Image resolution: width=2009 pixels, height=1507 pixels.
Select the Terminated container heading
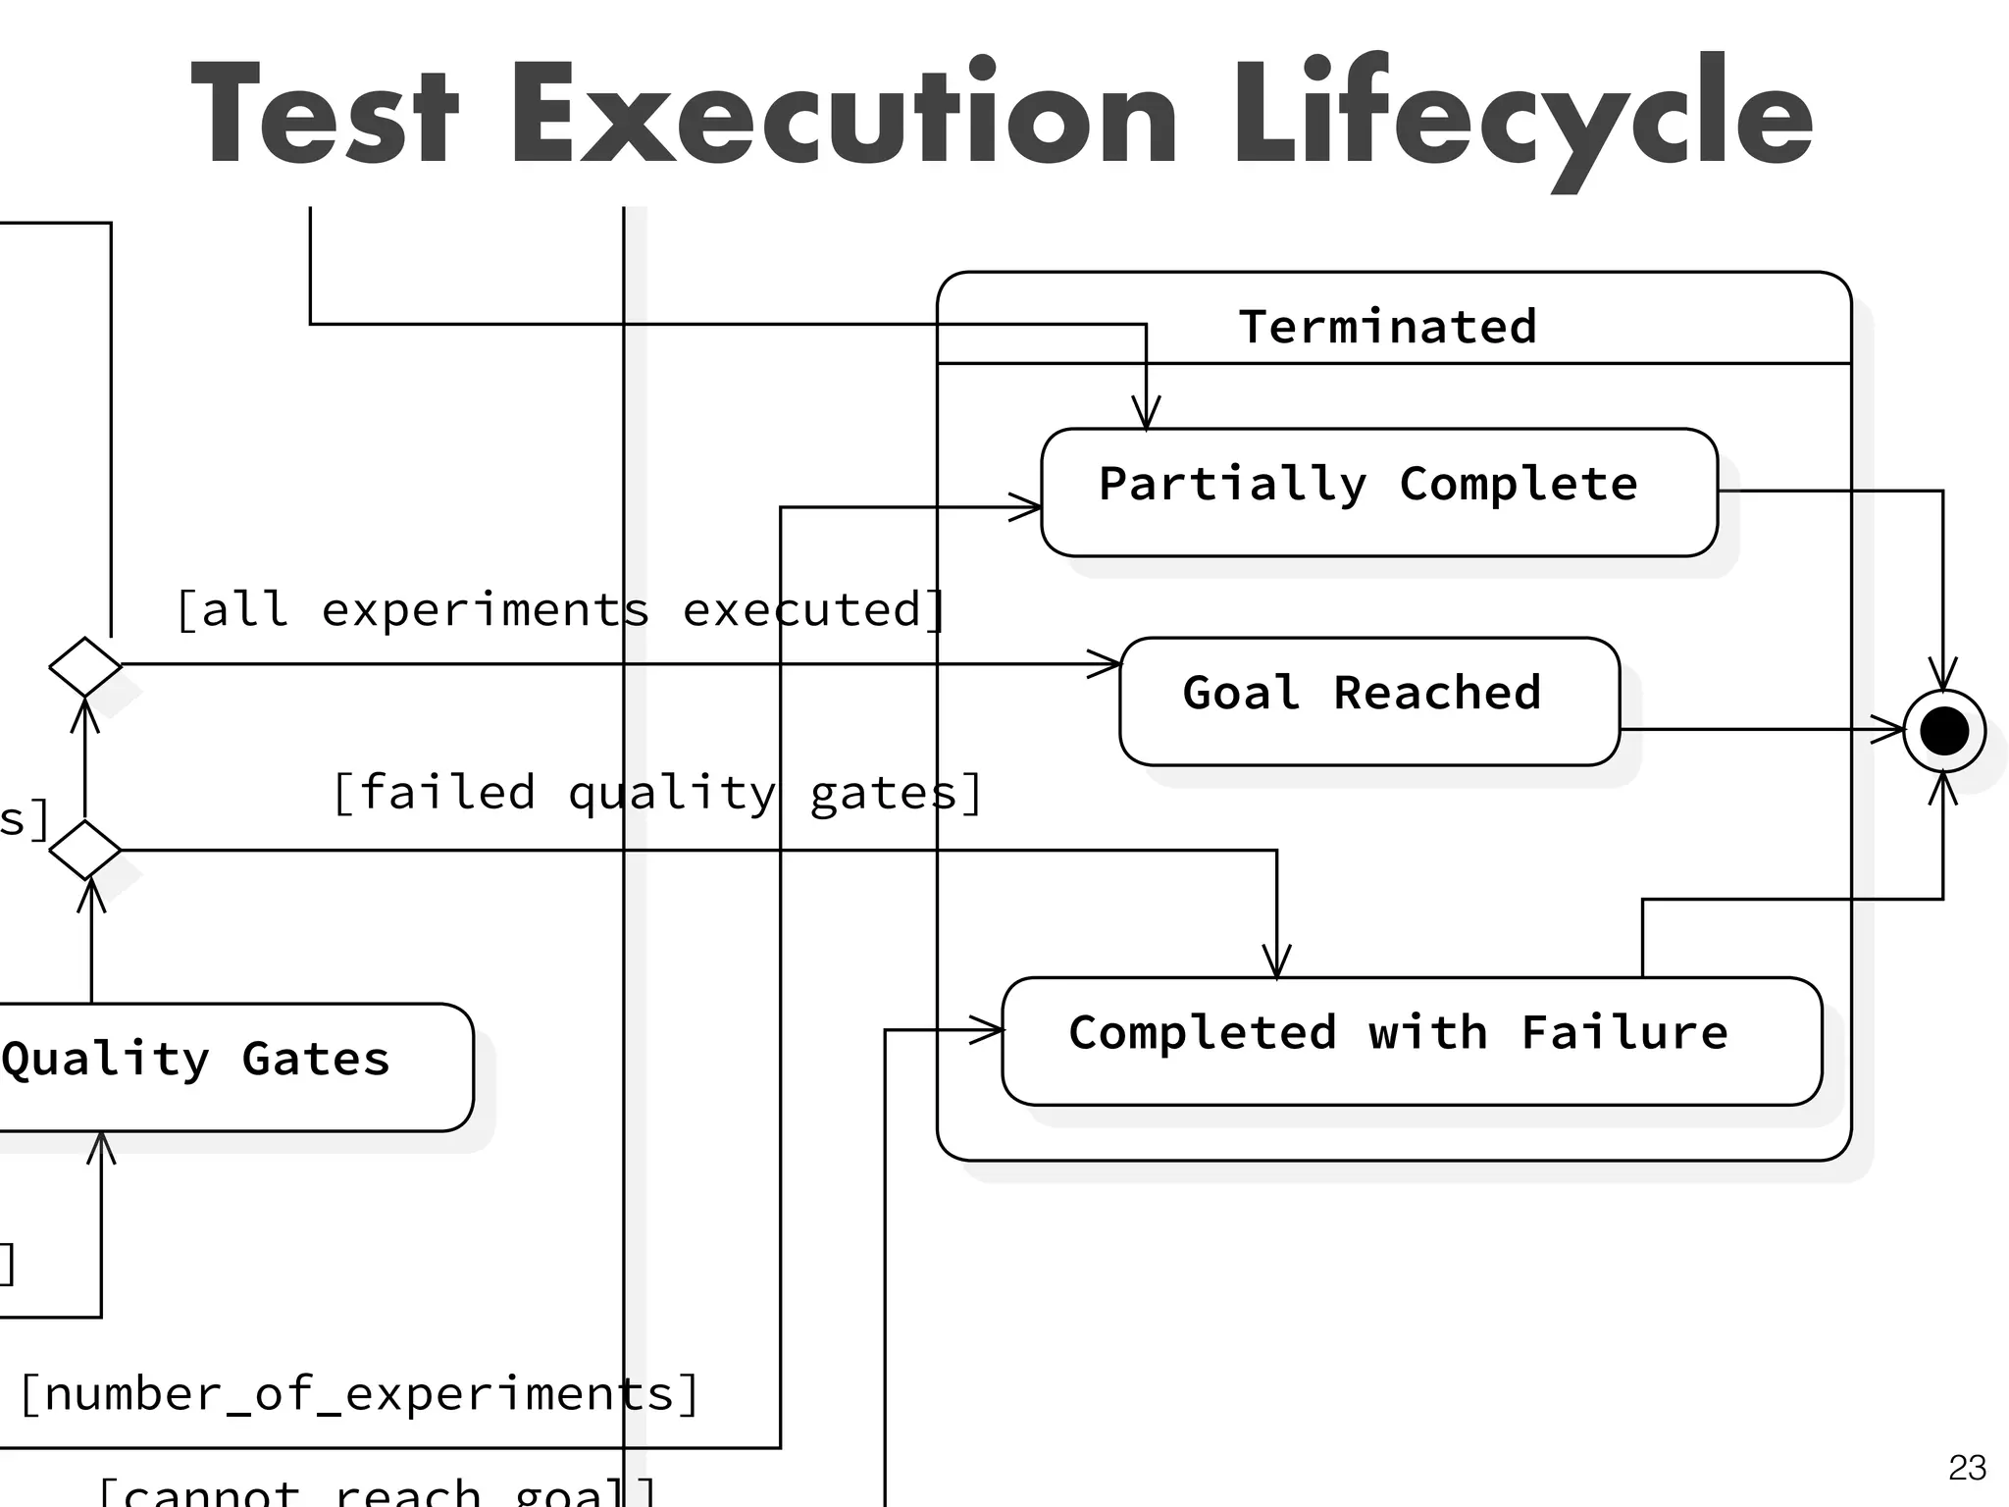coord(1387,327)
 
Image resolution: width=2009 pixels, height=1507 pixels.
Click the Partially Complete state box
coord(1378,492)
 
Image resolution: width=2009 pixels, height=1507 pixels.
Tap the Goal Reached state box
coord(1368,701)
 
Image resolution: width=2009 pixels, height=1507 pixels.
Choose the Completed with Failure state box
coord(1411,1040)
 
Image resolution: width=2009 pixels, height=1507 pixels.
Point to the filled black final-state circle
coord(1943,731)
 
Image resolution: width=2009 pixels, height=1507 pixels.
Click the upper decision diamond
coord(85,666)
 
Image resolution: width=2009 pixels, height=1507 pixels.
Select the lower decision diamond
coord(85,850)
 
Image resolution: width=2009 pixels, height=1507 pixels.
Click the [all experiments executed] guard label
coord(560,610)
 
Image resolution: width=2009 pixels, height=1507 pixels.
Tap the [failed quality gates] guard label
coord(657,793)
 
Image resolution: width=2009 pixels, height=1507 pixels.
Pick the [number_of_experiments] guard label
coord(359,1394)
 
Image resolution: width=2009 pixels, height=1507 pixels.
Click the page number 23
coord(1967,1468)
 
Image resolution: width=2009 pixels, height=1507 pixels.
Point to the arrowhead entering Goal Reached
coord(1107,664)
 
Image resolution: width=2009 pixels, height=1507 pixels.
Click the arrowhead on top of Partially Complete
coord(1146,414)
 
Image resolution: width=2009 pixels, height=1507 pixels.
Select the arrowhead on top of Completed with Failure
coord(1276,961)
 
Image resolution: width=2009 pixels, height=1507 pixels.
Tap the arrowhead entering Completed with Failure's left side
coord(988,1030)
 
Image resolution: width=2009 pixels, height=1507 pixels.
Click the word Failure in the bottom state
coord(1624,1033)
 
